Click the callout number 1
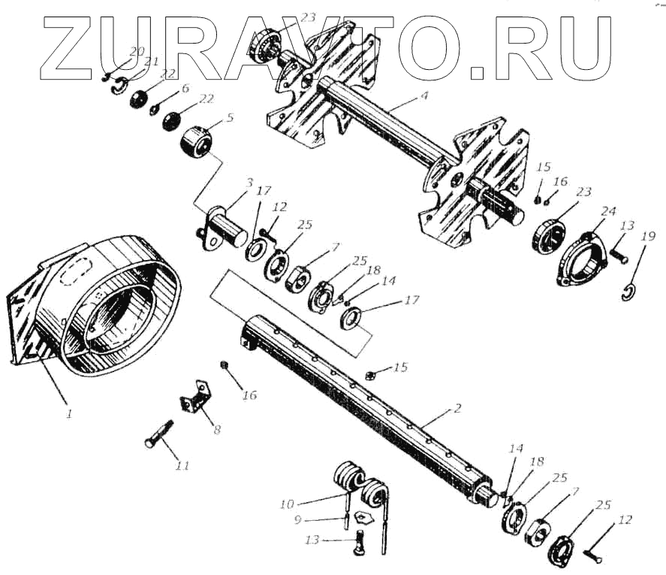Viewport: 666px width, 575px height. pyautogui.click(x=69, y=413)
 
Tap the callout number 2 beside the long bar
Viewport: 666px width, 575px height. pyautogui.click(x=457, y=409)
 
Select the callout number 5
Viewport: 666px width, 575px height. pyautogui.click(x=230, y=117)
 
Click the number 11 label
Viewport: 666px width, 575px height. pyautogui.click(x=182, y=466)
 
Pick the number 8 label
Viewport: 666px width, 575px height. pyautogui.click(x=217, y=430)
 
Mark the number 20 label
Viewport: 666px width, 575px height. pyautogui.click(x=136, y=51)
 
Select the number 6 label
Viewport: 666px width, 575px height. pyautogui.click(x=185, y=88)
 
